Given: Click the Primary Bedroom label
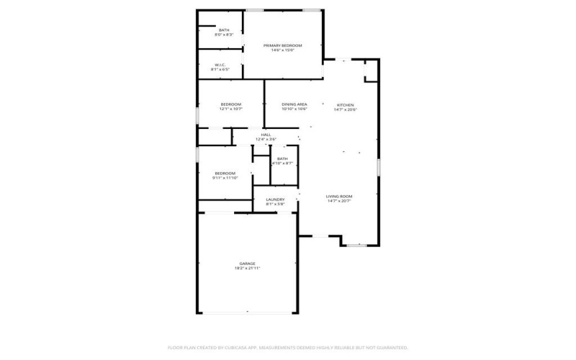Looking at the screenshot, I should [282, 45].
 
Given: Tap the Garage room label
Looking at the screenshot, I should [247, 264].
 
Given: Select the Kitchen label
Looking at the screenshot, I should [344, 105].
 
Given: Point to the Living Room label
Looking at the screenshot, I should [338, 196].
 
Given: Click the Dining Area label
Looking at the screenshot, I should [294, 105].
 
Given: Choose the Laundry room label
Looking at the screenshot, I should [275, 199].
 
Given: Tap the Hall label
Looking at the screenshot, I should [266, 135].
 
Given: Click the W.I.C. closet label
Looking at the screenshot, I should [220, 66].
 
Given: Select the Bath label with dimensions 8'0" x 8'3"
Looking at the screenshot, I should [224, 30].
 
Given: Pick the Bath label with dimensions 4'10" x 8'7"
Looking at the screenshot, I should [282, 159].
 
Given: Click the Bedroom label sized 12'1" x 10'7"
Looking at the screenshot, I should [230, 105].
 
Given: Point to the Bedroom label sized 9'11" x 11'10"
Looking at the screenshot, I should [225, 173].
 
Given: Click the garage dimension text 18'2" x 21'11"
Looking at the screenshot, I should [247, 269].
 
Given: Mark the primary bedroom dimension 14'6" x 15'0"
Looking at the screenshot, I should [282, 50].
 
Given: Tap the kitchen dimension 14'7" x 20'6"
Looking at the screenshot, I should [344, 110].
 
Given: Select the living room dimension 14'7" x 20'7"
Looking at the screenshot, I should [338, 201].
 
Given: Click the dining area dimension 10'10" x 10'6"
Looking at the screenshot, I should [294, 110].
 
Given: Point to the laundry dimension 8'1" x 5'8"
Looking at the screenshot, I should [275, 204].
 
